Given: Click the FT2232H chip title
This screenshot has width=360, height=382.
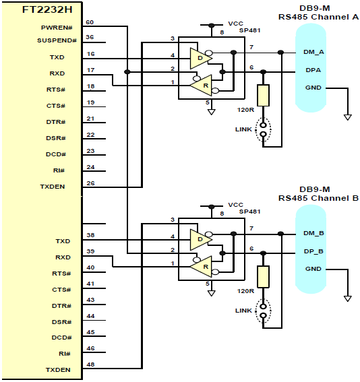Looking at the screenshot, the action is (x=47, y=9).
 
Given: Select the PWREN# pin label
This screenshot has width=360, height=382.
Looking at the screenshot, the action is (x=57, y=28).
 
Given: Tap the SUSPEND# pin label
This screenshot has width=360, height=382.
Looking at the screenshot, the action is (x=57, y=40).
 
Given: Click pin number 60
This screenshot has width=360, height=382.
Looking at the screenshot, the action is (x=90, y=22).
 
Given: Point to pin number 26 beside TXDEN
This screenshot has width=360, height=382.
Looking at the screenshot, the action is (x=90, y=183).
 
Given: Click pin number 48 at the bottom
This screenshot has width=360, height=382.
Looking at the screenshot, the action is (x=90, y=364).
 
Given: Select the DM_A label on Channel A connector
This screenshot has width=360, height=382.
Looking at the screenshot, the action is (x=313, y=52).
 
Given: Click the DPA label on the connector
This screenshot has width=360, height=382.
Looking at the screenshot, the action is (x=313, y=70).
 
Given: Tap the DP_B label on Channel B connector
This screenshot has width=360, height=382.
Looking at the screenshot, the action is (x=313, y=251).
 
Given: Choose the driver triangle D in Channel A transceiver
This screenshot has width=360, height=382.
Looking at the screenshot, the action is (x=201, y=58).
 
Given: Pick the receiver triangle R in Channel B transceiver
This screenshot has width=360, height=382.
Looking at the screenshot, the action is (x=201, y=267).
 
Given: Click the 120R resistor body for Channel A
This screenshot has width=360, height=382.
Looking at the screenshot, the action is (x=263, y=95).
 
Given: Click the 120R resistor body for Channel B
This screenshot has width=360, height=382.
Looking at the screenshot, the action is (x=263, y=276).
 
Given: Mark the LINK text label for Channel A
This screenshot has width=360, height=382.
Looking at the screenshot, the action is (x=243, y=129).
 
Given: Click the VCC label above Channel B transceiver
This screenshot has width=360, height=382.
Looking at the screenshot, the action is (x=236, y=205).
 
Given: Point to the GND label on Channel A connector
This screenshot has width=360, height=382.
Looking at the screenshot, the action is (x=313, y=88).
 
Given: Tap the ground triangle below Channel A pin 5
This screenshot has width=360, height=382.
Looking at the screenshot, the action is (x=211, y=112).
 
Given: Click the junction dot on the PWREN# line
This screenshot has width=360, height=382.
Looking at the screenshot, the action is (x=127, y=72).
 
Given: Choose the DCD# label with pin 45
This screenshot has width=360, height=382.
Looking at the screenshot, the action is (x=61, y=338).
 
